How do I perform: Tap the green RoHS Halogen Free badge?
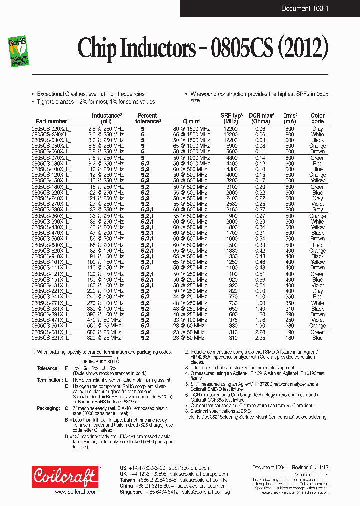[x=18, y=52]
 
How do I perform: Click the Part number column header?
[x=51, y=121]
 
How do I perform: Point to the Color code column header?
[x=317, y=118]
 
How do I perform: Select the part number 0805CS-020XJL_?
[x=51, y=129]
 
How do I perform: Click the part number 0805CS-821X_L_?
[x=51, y=338]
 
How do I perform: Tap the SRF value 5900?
[x=231, y=146]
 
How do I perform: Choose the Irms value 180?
[x=290, y=338]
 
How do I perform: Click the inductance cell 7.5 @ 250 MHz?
[x=106, y=158]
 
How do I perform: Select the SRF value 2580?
[x=231, y=204]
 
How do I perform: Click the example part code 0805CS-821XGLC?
[x=101, y=361]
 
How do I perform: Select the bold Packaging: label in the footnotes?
[x=48, y=408]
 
